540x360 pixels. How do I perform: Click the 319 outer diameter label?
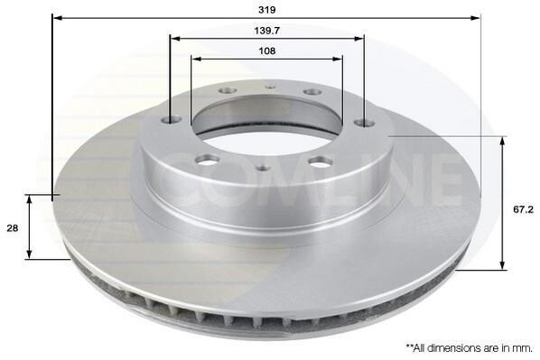pos(267,10)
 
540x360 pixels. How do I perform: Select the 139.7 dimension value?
pos(267,31)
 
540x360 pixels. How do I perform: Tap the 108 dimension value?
pos(267,51)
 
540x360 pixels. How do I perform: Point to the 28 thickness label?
pos(13,228)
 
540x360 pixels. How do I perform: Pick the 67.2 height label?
pos(523,209)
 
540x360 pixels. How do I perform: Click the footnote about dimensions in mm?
pos(469,348)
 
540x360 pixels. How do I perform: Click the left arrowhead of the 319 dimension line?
pos(58,18)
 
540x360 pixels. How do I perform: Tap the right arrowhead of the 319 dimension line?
pos(475,18)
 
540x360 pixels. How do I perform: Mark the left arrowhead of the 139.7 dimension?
pos(176,38)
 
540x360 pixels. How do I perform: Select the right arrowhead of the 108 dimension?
pos(338,59)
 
